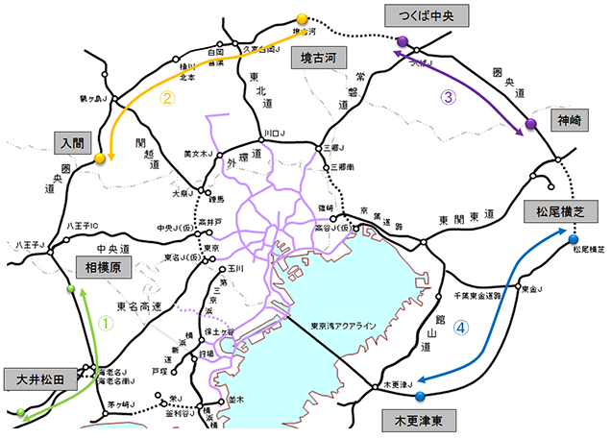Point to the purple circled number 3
tap(447, 95)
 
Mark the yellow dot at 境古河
tap(302, 18)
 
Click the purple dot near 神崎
tap(529, 125)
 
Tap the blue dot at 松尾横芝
tap(573, 239)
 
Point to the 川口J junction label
tap(275, 134)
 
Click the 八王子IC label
tap(84, 226)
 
